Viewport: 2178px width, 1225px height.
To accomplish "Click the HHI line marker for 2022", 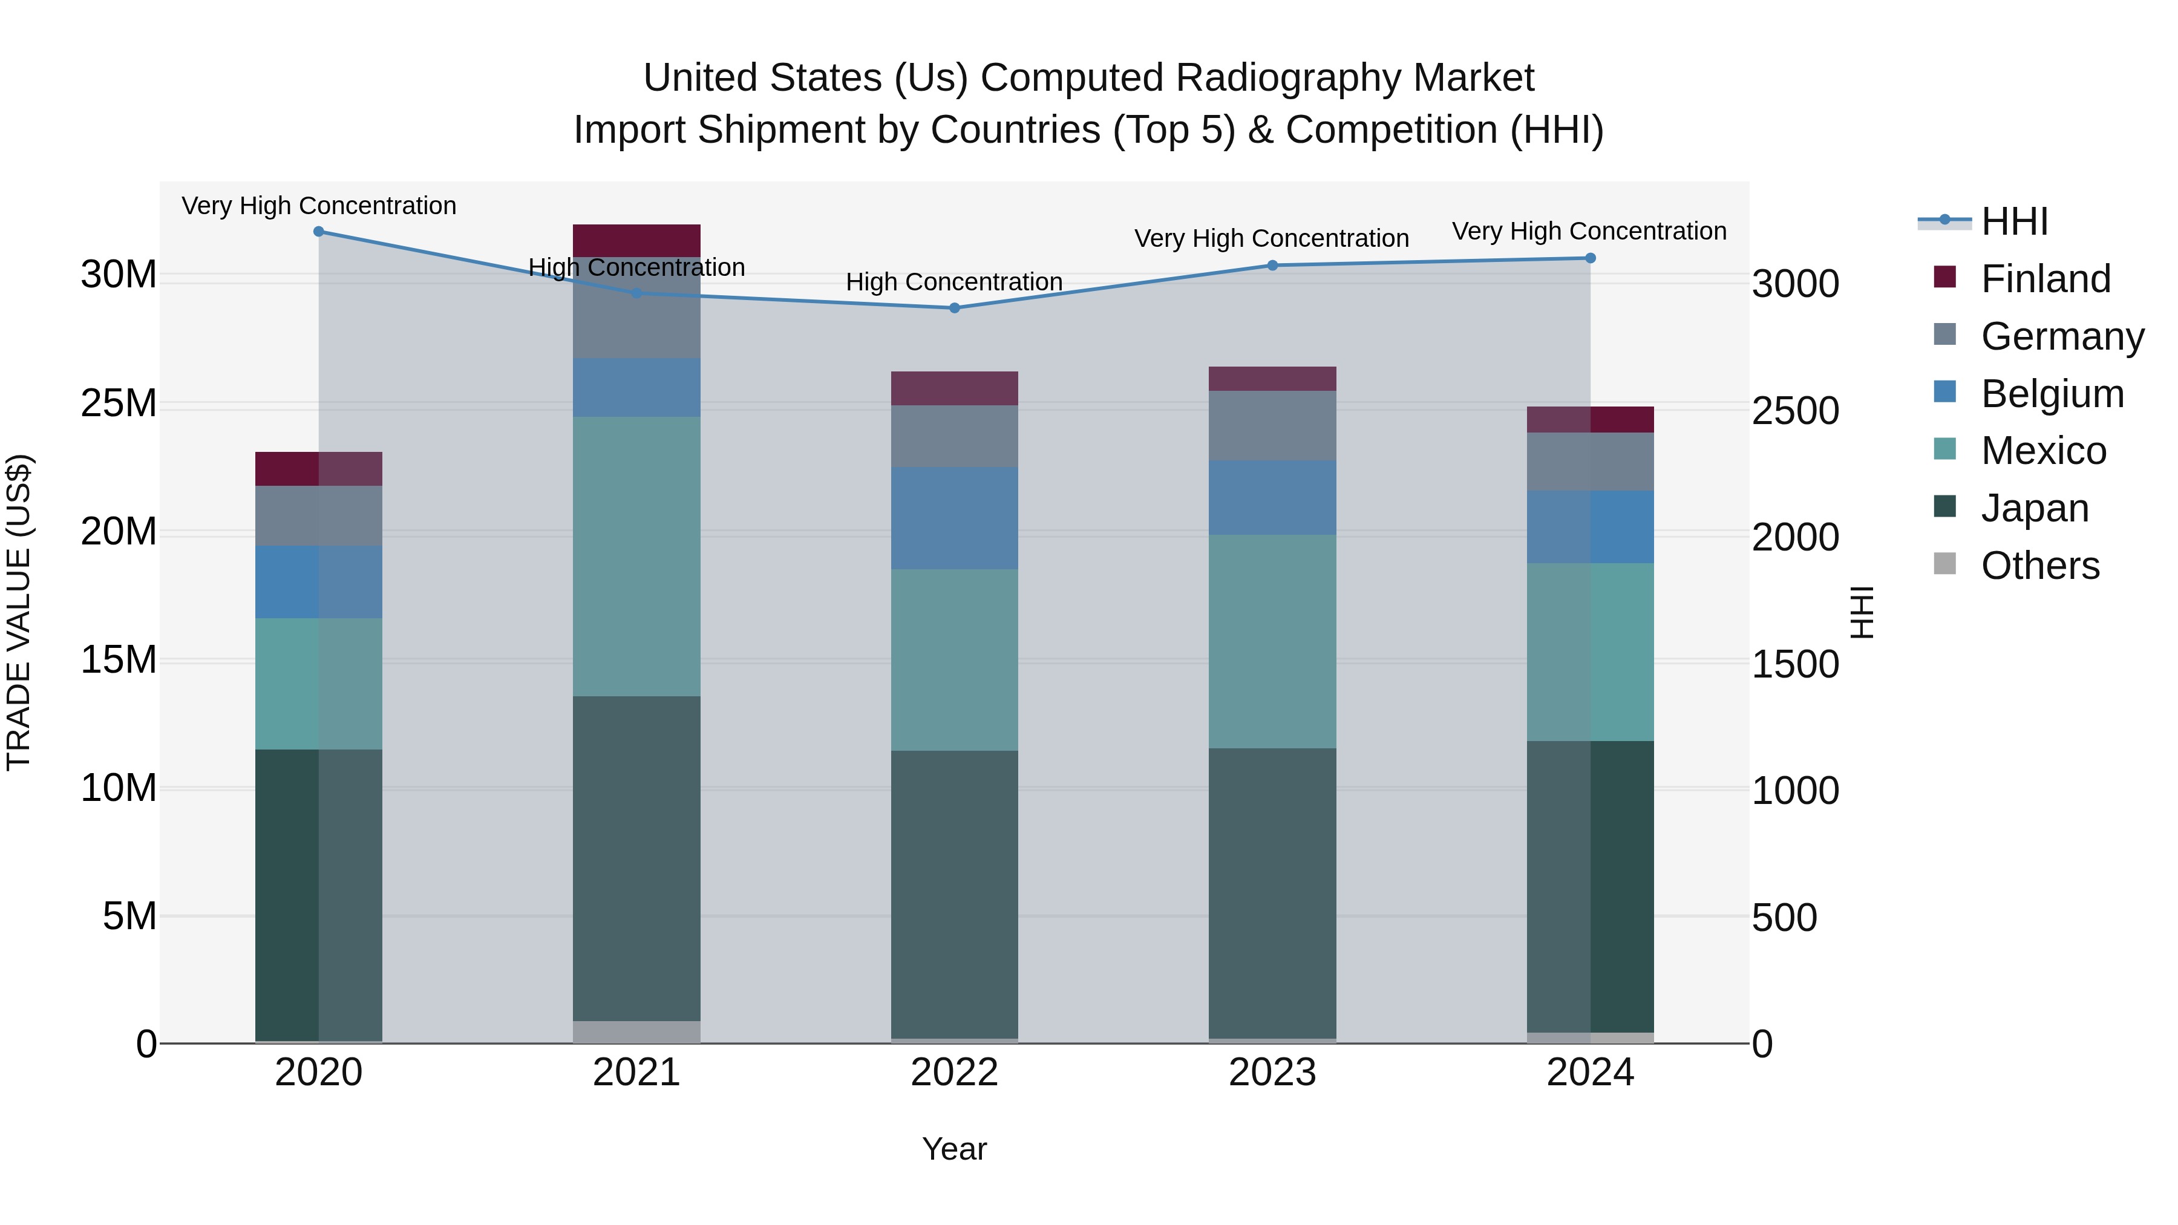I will (955, 308).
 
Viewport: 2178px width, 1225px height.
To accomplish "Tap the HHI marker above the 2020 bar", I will (319, 232).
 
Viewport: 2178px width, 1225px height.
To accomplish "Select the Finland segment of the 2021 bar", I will (636, 240).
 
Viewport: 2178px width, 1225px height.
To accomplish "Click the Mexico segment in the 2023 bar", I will (1272, 641).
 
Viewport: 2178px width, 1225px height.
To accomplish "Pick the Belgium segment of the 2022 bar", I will (955, 517).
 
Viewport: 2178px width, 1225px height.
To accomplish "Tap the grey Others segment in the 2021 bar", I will (636, 1031).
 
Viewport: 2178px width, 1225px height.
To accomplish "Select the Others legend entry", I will (2039, 566).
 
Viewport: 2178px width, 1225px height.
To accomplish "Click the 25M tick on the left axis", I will (119, 403).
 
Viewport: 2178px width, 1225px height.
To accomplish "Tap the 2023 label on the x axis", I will (1272, 1073).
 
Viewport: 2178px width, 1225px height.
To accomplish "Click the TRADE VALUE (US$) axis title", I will (19, 612).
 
